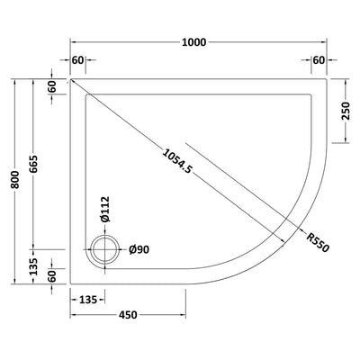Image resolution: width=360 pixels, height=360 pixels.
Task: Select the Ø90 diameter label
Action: [x=138, y=249]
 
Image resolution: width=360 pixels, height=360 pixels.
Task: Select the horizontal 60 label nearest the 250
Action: [x=318, y=60]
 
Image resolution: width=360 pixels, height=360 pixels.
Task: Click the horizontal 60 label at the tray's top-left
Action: [x=78, y=60]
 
